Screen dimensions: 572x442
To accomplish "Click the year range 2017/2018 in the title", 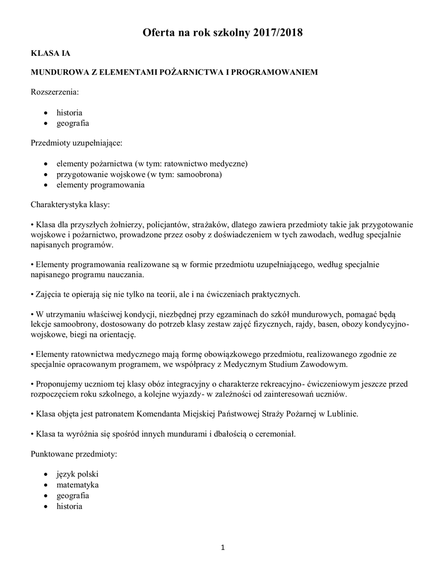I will (x=275, y=34).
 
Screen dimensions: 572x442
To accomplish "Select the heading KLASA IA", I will (x=50, y=54).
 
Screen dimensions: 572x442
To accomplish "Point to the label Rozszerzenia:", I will (x=55, y=91).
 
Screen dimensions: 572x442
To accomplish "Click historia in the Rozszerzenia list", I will (x=69, y=113).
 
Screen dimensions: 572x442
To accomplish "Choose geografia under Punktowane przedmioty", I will (x=73, y=495).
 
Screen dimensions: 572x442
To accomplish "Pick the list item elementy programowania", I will (x=101, y=185).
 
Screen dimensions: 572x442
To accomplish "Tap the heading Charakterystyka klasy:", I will (x=70, y=204).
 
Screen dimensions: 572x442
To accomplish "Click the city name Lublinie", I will (x=339, y=414).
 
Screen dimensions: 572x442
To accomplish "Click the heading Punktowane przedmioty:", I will (x=73, y=454).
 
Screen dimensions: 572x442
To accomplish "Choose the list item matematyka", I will (x=77, y=485).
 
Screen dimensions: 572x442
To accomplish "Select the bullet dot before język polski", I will (x=46, y=475).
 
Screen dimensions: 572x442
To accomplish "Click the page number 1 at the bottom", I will (x=222, y=548).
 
